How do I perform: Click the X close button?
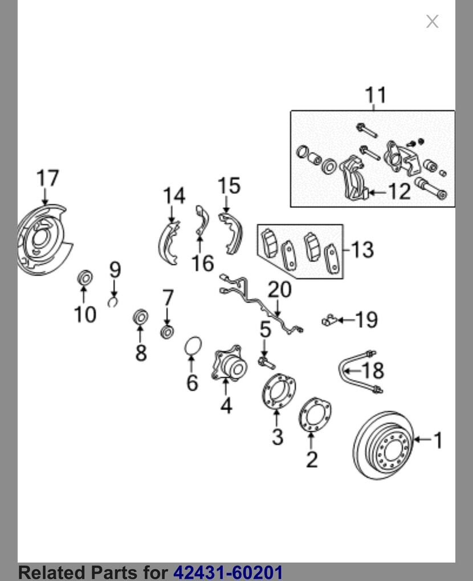[x=432, y=22]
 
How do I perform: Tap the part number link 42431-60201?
[x=227, y=572]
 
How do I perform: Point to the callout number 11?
[x=375, y=95]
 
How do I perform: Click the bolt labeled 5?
[x=266, y=361]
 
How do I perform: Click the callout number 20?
[x=279, y=290]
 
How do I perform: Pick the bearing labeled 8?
[x=140, y=317]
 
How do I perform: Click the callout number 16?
[x=202, y=263]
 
